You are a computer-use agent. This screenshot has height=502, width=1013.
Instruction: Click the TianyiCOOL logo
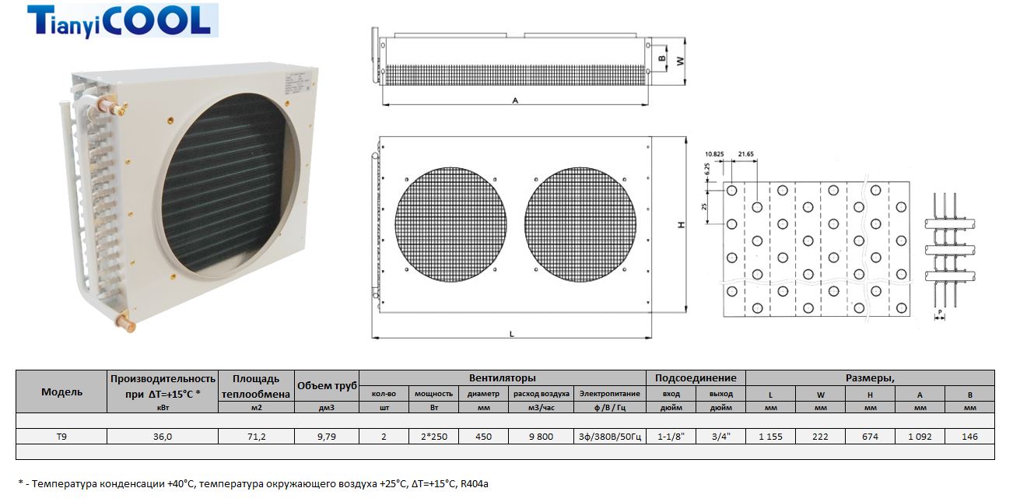tap(123, 20)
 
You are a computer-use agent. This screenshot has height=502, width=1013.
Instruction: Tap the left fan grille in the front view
tap(450, 225)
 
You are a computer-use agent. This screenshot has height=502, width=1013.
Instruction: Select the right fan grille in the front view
tap(580, 225)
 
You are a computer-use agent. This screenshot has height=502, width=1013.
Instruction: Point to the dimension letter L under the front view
tap(511, 334)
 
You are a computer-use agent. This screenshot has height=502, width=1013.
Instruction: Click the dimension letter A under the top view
tap(515, 100)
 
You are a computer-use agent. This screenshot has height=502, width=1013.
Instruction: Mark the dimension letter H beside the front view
tap(682, 225)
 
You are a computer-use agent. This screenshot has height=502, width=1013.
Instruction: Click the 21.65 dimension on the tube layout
tap(745, 154)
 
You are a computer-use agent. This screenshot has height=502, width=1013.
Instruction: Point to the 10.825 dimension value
tap(714, 154)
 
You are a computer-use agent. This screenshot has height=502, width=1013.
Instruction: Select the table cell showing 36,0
tap(163, 437)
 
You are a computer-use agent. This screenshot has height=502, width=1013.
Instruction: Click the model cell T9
tap(61, 437)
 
